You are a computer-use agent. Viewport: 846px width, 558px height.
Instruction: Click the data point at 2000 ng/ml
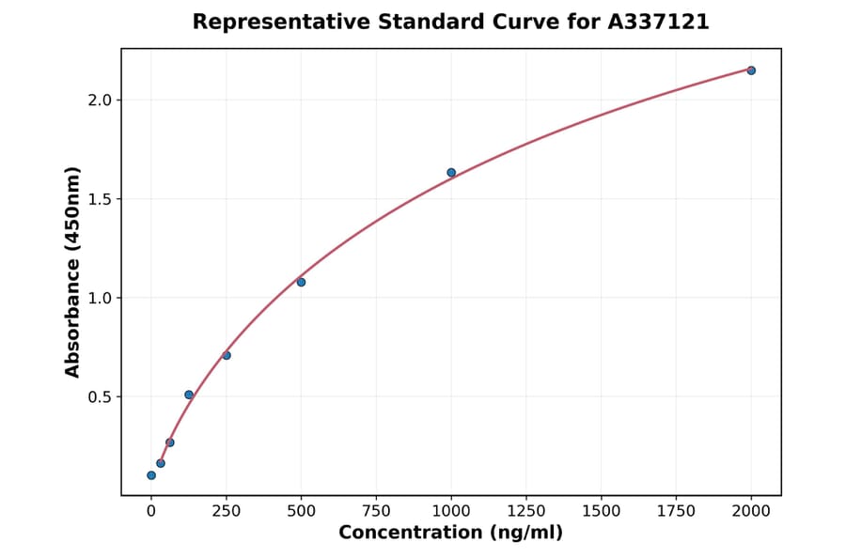tap(751, 70)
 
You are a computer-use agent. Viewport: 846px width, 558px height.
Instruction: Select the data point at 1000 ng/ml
tap(451, 173)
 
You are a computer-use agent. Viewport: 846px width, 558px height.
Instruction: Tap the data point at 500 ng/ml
tap(301, 282)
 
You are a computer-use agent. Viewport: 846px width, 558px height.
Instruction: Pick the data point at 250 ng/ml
tap(227, 355)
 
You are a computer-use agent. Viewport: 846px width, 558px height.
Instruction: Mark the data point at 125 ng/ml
tap(189, 395)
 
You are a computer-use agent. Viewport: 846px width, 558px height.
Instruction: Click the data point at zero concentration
tap(151, 475)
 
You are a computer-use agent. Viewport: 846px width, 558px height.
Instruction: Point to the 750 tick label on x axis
tap(376, 511)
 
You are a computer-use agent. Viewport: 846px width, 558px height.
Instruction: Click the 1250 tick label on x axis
tap(526, 511)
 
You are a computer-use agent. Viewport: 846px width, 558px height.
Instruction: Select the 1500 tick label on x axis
tap(602, 511)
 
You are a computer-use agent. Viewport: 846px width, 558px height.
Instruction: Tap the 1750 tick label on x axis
tap(676, 511)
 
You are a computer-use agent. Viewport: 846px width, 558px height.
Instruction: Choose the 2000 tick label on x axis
tap(751, 511)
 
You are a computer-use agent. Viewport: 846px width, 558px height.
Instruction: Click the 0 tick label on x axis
tap(151, 511)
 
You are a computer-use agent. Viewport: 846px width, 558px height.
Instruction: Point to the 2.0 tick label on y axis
tap(100, 101)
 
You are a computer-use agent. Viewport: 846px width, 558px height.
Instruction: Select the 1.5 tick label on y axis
tap(100, 199)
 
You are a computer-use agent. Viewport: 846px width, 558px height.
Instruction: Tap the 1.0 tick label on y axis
tap(100, 298)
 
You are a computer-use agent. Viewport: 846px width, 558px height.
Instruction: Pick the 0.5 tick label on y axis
tap(100, 397)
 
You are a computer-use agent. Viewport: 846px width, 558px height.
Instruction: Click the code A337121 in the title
tap(658, 22)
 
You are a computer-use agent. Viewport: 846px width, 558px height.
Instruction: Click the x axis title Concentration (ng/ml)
tap(450, 534)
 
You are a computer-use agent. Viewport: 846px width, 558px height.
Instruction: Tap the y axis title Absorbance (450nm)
tap(72, 271)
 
